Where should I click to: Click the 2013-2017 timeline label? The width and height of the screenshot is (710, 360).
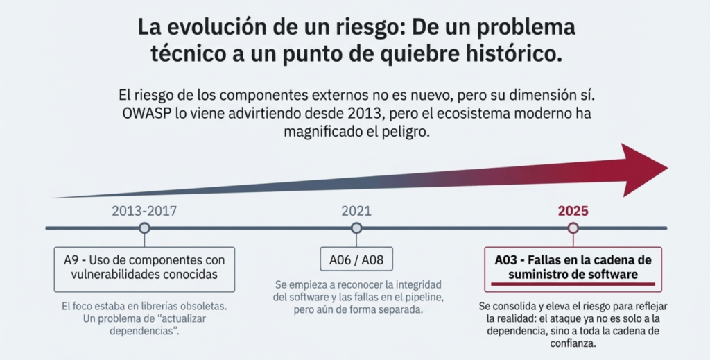[x=144, y=211]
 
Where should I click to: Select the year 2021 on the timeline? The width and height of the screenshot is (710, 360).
[x=356, y=211]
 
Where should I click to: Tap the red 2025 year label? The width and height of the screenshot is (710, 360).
[x=573, y=211]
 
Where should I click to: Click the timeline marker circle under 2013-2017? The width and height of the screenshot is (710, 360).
[x=144, y=228]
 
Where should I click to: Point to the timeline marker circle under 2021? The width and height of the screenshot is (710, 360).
[x=356, y=228]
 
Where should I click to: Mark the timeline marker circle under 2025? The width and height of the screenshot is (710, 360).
[x=573, y=228]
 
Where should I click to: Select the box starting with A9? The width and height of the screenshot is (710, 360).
[x=144, y=268]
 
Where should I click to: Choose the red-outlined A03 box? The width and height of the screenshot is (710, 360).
[x=573, y=268]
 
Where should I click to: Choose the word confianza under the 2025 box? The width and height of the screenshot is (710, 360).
[x=573, y=343]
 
